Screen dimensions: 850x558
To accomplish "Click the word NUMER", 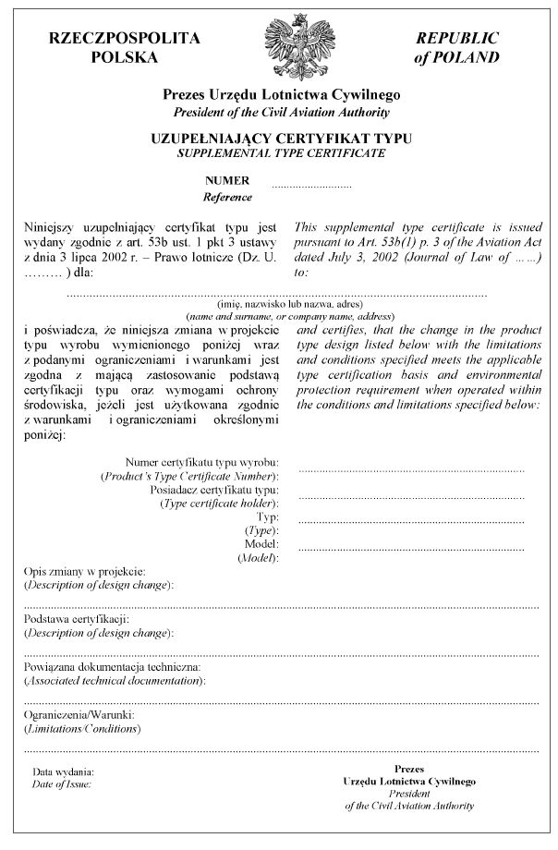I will click(x=227, y=181).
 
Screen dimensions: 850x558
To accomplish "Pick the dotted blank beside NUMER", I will click(x=311, y=185).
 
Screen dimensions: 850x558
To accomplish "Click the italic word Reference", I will click(x=227, y=197).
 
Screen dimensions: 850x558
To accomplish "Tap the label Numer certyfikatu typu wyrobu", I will click(x=202, y=461).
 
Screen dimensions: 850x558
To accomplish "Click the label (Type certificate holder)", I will click(x=219, y=504).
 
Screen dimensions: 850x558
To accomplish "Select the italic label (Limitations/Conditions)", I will click(x=82, y=729).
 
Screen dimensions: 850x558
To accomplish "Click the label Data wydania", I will click(x=63, y=771).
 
